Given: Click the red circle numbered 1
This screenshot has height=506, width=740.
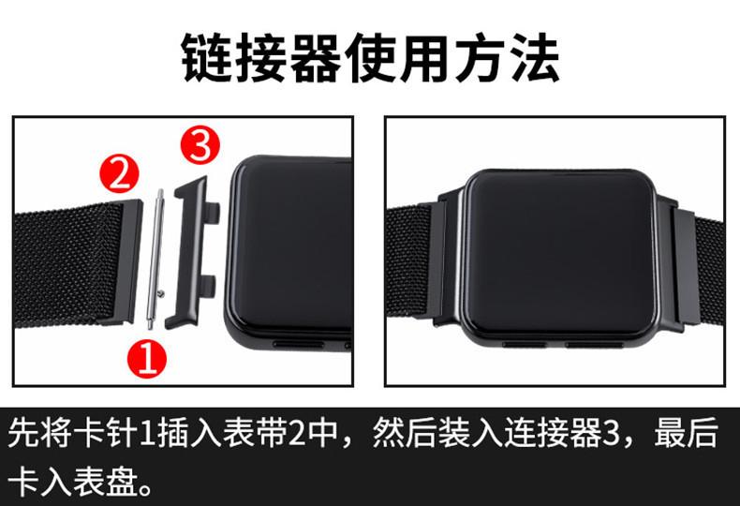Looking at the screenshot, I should [x=147, y=357].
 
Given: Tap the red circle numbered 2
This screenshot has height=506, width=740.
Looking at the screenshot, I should [x=119, y=174].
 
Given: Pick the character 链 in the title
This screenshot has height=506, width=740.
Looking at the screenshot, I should [x=207, y=58].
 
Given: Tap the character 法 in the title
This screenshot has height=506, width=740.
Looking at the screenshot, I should [x=535, y=58].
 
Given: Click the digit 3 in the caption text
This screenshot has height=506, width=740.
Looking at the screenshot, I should [x=612, y=434].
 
